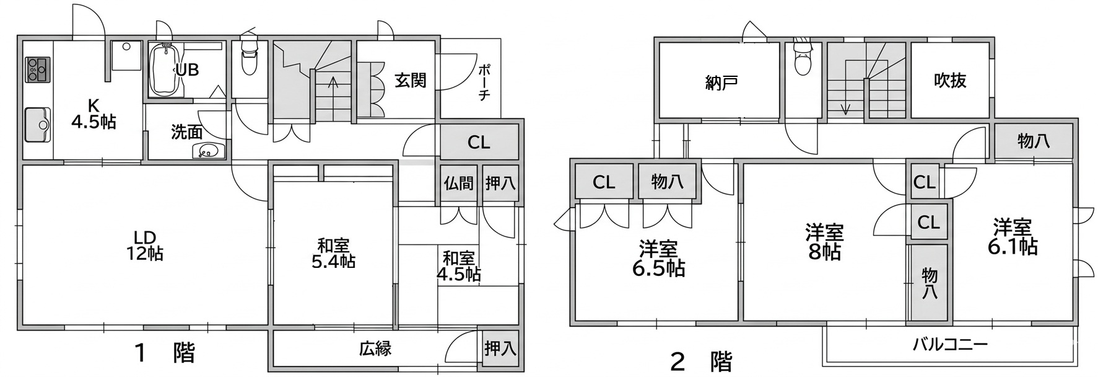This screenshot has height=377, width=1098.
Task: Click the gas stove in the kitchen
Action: click(x=37, y=69)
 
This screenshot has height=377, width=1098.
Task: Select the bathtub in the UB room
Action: click(x=166, y=70)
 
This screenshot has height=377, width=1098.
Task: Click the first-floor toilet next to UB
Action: click(x=249, y=57)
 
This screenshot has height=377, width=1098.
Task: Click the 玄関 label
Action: click(x=411, y=81)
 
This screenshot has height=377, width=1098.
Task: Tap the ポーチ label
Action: click(x=484, y=81)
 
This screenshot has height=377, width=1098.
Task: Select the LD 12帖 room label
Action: click(x=145, y=246)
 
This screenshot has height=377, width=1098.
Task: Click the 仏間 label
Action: click(x=459, y=183)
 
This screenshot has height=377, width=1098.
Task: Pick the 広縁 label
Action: click(x=375, y=348)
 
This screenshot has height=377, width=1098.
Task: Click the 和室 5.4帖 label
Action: click(x=333, y=253)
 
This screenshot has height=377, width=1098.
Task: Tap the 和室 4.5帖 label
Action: click(x=459, y=265)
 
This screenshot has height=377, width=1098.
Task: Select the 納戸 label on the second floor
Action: click(x=721, y=82)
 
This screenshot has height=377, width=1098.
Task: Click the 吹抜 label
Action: click(x=950, y=81)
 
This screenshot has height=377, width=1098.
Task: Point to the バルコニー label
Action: click(x=950, y=345)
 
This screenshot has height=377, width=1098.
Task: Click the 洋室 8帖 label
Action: click(x=825, y=242)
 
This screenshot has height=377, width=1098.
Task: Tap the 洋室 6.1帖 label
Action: click(x=1013, y=236)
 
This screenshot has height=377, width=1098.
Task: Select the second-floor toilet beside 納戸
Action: click(x=803, y=59)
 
